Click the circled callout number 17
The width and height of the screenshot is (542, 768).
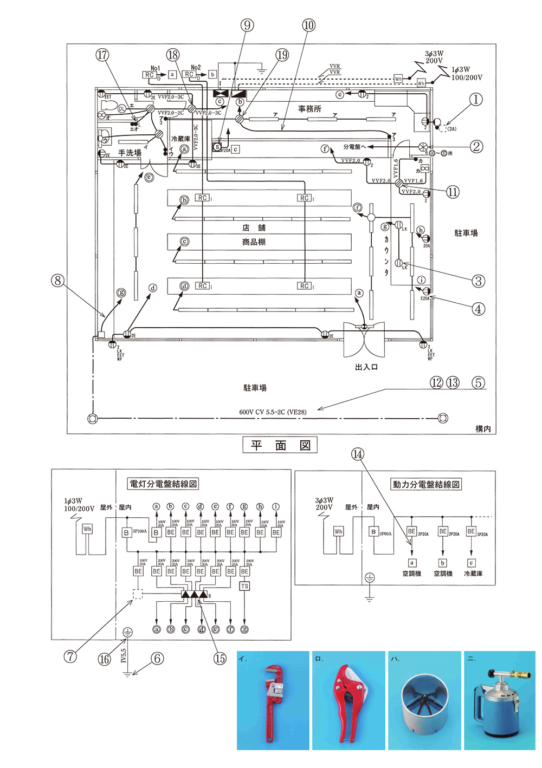tap(102, 55)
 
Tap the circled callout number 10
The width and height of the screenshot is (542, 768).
tap(308, 25)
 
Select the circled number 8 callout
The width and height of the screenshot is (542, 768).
tap(57, 281)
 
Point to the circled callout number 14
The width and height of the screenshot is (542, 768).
tap(358, 454)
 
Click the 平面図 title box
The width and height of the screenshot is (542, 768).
tap(280, 445)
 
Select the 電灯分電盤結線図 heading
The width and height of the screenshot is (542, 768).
tap(163, 484)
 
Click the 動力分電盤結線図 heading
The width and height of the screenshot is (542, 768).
tap(426, 484)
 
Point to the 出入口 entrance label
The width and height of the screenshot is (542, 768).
tap(366, 367)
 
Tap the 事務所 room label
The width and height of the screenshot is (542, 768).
tap(309, 109)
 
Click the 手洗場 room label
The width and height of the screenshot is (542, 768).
tap(130, 153)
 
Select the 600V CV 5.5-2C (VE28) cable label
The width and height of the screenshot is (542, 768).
tap(273, 412)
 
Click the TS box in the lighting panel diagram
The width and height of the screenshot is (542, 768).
tap(244, 586)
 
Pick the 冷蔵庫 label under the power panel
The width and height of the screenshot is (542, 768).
tap(473, 574)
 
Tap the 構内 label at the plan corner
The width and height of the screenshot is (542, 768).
tap(483, 428)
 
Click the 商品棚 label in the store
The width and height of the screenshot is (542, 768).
tap(254, 242)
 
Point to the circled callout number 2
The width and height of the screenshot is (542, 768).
tap(476, 146)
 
